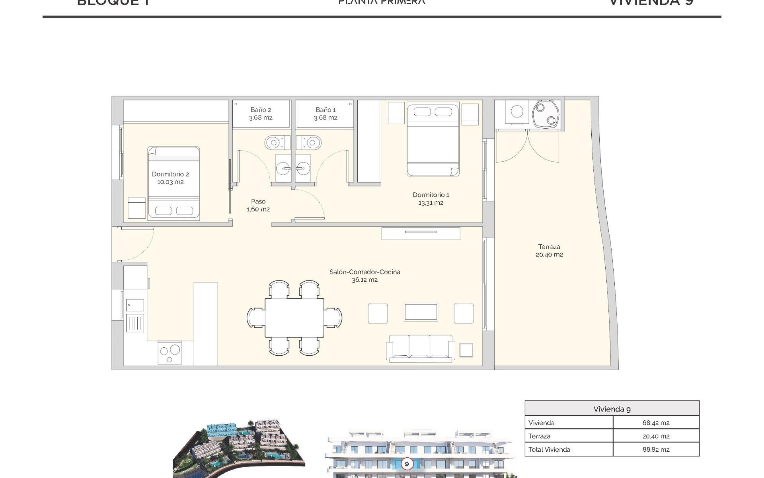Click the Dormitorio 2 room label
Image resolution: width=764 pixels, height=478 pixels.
point(170,178)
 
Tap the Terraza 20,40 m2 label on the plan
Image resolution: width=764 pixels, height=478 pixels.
point(549,251)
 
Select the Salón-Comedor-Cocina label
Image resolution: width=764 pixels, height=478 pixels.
point(364,276)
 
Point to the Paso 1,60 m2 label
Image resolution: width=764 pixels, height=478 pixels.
point(258,205)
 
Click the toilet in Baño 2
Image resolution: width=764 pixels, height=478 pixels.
point(275,142)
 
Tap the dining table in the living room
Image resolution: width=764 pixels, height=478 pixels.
point(294,318)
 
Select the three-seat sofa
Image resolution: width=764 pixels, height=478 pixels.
point(421,347)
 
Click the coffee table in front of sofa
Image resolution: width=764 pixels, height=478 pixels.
point(421,312)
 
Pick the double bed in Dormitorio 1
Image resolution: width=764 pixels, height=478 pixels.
point(433,139)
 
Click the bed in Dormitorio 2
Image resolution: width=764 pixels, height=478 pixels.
point(173,183)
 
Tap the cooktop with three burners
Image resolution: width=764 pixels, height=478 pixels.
point(170,353)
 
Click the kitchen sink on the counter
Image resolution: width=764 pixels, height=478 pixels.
point(135,306)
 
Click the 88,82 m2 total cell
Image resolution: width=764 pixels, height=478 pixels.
point(656,449)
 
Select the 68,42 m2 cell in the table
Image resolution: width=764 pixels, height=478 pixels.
point(656,423)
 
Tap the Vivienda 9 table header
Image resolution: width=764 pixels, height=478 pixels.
point(612,409)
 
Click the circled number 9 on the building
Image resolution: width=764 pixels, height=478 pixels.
point(406,464)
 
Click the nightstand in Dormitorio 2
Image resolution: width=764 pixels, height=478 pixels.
point(136,208)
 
